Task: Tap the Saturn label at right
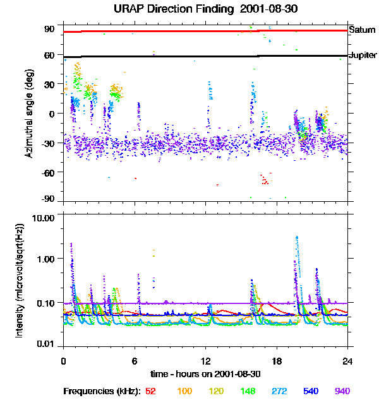click(362, 30)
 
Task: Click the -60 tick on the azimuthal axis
click(49, 172)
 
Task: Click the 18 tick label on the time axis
click(276, 361)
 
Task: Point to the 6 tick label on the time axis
click(135, 361)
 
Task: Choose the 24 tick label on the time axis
click(347, 361)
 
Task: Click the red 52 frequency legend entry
click(150, 391)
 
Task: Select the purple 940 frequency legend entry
click(342, 391)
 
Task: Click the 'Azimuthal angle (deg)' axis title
click(28, 114)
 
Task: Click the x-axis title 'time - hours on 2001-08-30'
click(205, 373)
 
